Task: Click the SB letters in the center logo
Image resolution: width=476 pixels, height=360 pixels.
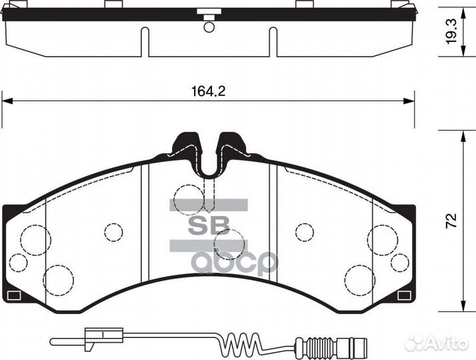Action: click(209, 225)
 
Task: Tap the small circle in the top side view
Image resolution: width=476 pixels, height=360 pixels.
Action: click(209, 27)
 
